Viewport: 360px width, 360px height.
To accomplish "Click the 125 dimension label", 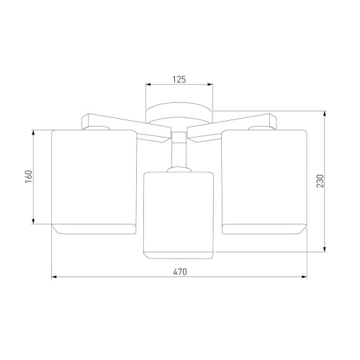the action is (x=179, y=79).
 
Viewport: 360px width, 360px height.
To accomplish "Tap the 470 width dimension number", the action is (x=180, y=272).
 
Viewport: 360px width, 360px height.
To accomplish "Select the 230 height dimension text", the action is (x=320, y=181).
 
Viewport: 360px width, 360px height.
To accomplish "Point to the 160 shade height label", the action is (x=28, y=176).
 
